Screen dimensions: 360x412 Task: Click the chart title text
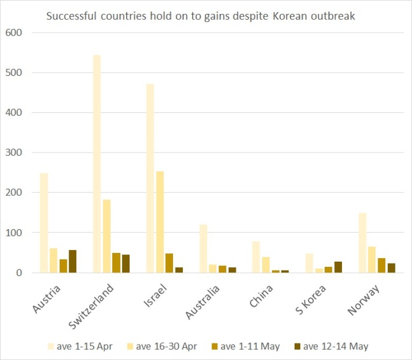click(200, 16)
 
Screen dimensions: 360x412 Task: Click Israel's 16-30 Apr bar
click(160, 222)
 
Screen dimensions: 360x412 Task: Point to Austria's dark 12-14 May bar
click(73, 261)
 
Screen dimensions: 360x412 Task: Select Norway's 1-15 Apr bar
click(363, 243)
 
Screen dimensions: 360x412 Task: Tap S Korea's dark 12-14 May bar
click(338, 267)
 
